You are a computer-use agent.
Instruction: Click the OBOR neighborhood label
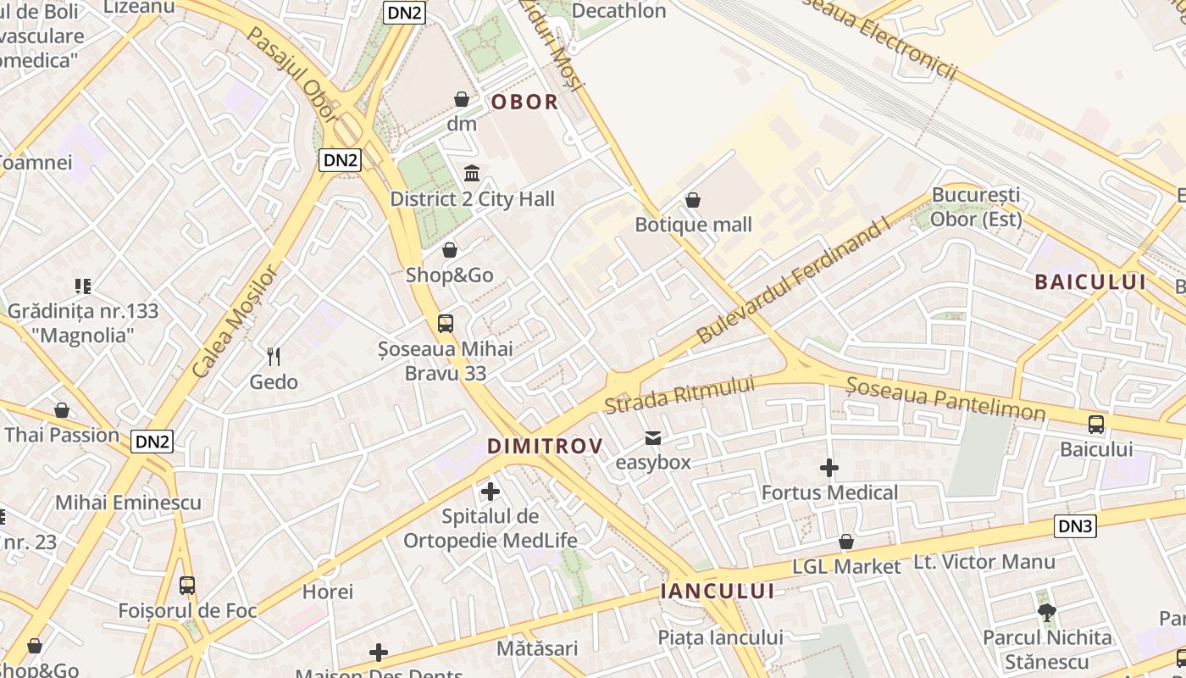click(x=525, y=103)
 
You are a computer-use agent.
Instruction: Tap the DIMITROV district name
click(x=545, y=447)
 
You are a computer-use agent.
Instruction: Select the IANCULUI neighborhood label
click(x=718, y=592)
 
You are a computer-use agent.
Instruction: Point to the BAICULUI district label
click(x=1089, y=282)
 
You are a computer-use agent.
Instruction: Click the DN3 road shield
click(x=1076, y=526)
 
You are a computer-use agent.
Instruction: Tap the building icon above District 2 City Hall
click(x=472, y=174)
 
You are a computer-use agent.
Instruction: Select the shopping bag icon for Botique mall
click(x=693, y=200)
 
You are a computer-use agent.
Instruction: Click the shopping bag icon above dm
click(x=462, y=99)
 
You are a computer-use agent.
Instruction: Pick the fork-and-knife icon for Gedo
click(x=274, y=357)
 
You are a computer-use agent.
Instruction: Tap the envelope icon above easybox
click(x=653, y=438)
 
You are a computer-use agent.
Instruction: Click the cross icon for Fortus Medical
click(x=829, y=468)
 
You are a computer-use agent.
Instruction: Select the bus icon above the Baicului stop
click(x=1096, y=425)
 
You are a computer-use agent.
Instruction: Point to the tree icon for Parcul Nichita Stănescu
click(x=1047, y=612)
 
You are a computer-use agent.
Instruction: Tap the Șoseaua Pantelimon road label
click(x=945, y=398)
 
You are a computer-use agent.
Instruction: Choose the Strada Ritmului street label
click(x=679, y=395)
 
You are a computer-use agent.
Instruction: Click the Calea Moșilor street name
click(x=234, y=322)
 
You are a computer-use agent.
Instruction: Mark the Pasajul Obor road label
click(x=294, y=75)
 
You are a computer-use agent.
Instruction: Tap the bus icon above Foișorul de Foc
click(x=187, y=586)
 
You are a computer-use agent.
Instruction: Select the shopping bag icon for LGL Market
click(x=845, y=542)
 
